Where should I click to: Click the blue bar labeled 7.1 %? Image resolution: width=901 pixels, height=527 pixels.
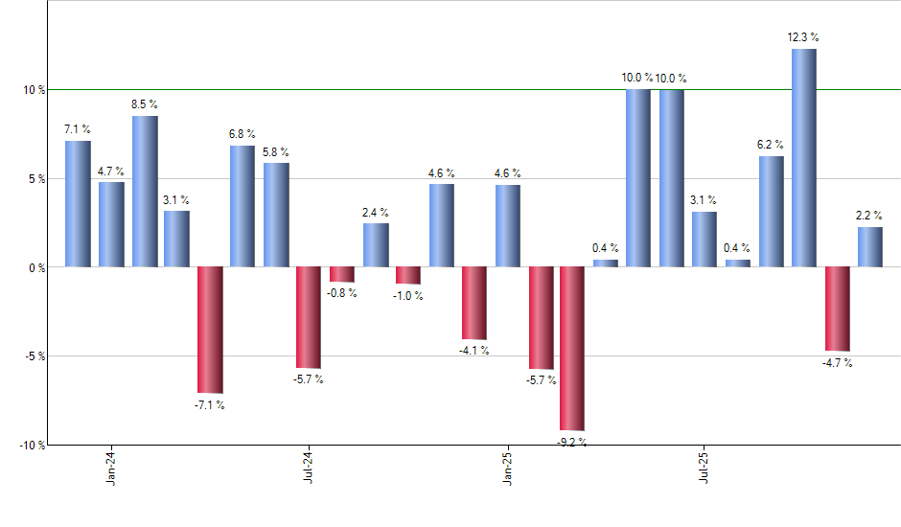pos(78,203)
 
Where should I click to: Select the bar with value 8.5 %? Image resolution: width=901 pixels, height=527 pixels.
pos(145,191)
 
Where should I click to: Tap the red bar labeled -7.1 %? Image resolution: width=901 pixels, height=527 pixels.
pos(210,329)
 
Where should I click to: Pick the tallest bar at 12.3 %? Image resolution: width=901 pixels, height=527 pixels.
pos(804,157)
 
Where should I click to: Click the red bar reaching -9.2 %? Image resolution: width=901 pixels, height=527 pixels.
pos(572,348)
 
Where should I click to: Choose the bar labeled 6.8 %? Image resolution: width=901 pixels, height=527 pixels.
pos(243,206)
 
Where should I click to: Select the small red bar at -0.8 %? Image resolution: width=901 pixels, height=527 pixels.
pos(342,274)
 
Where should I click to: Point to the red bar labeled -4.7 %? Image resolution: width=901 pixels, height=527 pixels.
pos(837,309)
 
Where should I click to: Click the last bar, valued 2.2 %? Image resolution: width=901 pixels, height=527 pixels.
pos(870,246)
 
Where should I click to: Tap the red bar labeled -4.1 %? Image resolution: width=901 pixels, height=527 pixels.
pos(474,303)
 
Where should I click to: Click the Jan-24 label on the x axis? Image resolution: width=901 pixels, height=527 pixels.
pos(111,466)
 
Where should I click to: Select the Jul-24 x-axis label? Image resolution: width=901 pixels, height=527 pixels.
pos(309,466)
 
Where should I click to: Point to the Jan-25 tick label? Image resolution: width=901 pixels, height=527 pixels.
pos(507,466)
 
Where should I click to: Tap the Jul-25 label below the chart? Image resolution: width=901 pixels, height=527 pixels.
pos(705,466)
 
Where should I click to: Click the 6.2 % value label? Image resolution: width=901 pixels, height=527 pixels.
pos(771,144)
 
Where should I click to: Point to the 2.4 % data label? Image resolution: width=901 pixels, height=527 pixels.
pos(376,212)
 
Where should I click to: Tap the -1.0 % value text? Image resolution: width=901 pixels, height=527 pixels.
pos(408,296)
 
